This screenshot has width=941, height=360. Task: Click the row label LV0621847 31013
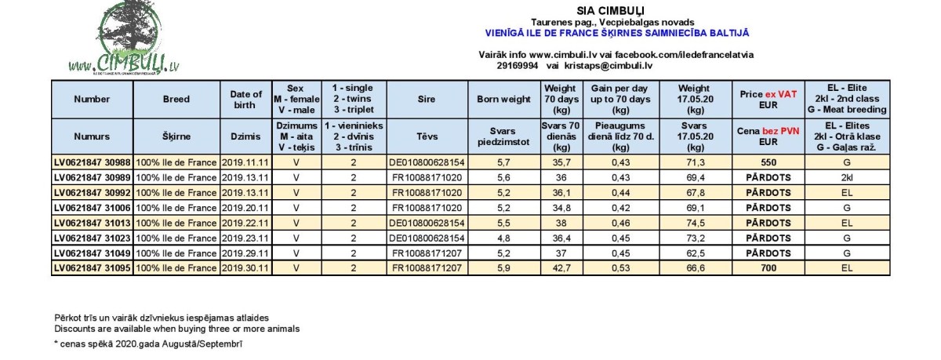click(92, 223)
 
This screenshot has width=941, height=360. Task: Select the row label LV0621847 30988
click(92, 162)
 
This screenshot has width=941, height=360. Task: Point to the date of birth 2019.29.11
click(245, 253)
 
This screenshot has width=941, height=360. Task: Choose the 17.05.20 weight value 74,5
click(695, 223)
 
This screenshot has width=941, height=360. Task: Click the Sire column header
click(427, 100)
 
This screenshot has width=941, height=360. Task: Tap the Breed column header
click(176, 100)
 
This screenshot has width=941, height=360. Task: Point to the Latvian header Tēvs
click(427, 136)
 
